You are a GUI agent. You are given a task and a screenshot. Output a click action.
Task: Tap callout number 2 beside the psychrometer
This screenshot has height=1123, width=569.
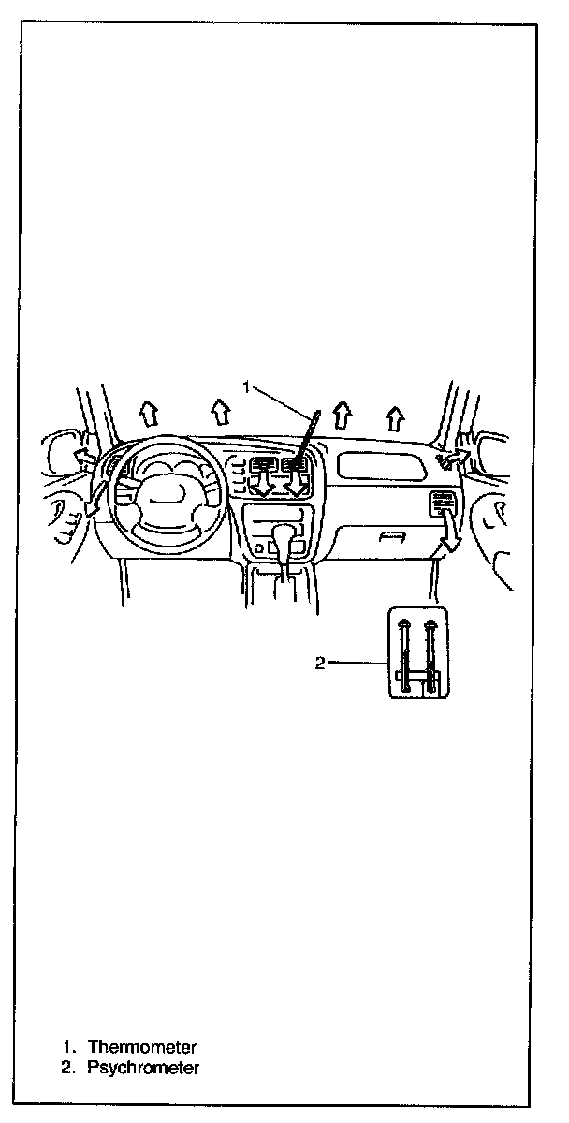(320, 663)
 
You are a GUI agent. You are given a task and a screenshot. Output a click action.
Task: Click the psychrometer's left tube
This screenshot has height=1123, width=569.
(404, 655)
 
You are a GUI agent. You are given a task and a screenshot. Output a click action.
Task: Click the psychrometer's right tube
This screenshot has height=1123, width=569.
(431, 655)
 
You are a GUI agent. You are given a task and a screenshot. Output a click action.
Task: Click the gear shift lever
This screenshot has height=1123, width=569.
(284, 543)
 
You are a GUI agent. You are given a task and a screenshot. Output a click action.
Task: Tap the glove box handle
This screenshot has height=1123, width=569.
(393, 536)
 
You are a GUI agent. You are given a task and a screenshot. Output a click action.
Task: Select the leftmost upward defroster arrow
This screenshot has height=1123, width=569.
(145, 410)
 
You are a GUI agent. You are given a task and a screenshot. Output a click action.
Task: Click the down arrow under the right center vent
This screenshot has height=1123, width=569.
(299, 484)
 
